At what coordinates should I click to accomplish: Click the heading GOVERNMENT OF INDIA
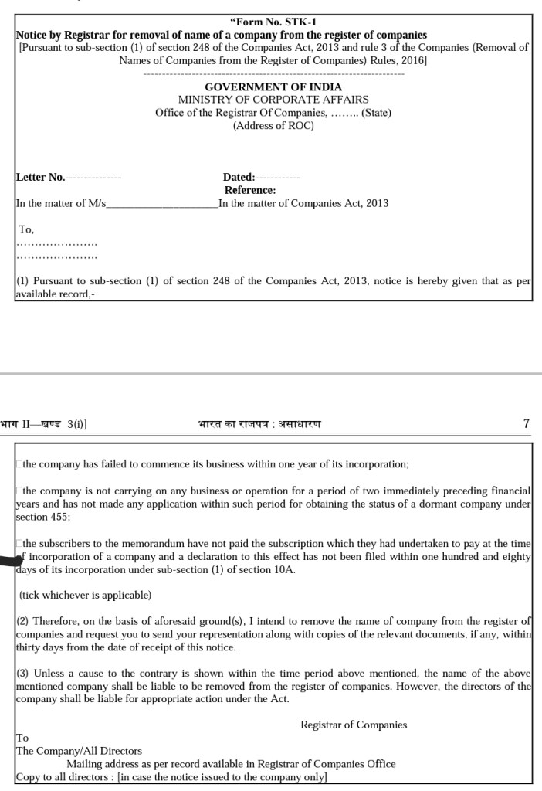pyautogui.click(x=273, y=87)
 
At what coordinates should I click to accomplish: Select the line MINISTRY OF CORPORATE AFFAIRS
pyautogui.click(x=273, y=100)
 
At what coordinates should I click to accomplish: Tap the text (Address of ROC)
pyautogui.click(x=273, y=125)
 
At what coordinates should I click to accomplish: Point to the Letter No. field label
pyautogui.click(x=41, y=177)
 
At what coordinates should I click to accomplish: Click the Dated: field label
pyautogui.click(x=239, y=177)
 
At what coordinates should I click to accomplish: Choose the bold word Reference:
pyautogui.click(x=250, y=190)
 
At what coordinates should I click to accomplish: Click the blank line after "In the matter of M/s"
pyautogui.click(x=163, y=205)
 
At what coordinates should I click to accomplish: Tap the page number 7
pyautogui.click(x=527, y=424)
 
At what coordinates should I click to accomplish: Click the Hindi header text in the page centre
pyautogui.click(x=259, y=424)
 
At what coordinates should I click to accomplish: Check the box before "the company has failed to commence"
pyautogui.click(x=19, y=465)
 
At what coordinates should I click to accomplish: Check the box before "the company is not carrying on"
pyautogui.click(x=19, y=491)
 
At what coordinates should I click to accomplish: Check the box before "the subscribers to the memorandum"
pyautogui.click(x=19, y=544)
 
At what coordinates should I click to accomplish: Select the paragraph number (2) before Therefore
pyautogui.click(x=23, y=621)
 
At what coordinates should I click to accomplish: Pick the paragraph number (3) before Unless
pyautogui.click(x=23, y=674)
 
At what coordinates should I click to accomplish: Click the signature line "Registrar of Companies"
pyautogui.click(x=354, y=725)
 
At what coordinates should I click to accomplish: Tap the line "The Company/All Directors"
pyautogui.click(x=79, y=751)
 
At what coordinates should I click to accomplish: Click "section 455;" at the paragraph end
pyautogui.click(x=43, y=517)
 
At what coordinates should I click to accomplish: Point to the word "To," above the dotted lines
pyautogui.click(x=26, y=229)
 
